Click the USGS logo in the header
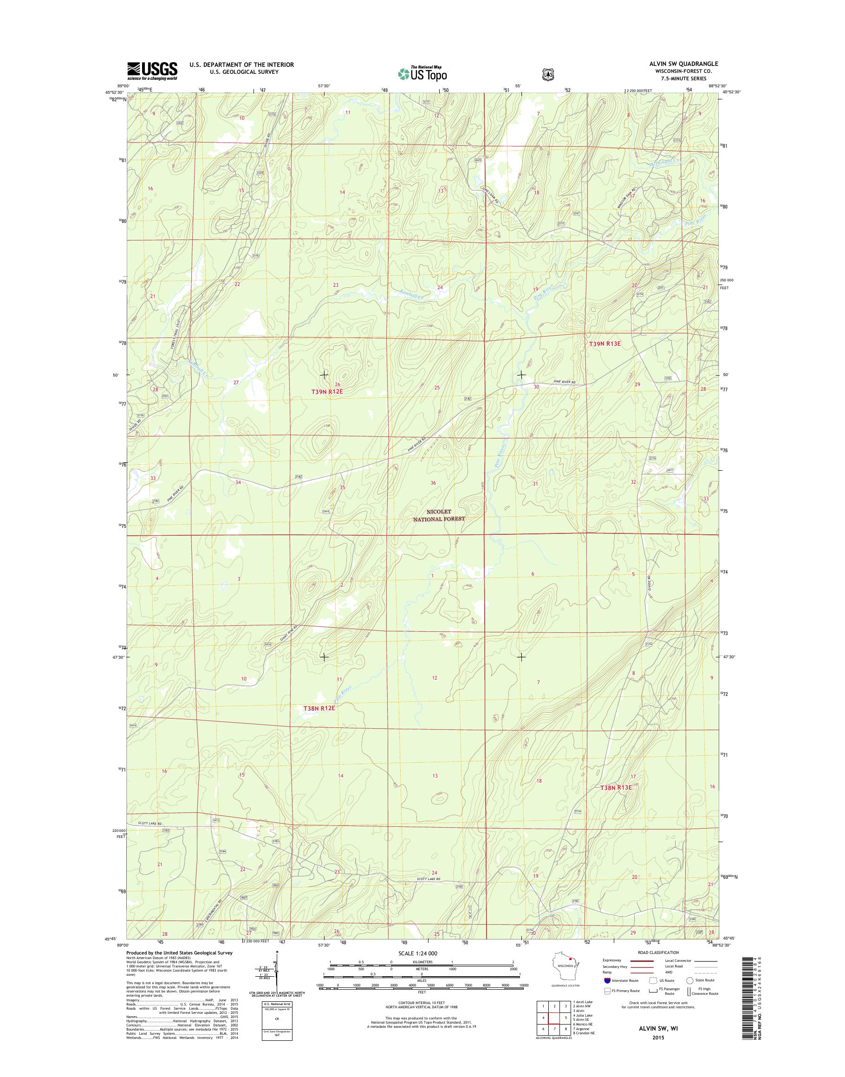[152, 71]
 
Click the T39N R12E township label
[327, 391]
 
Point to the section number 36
[433, 483]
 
